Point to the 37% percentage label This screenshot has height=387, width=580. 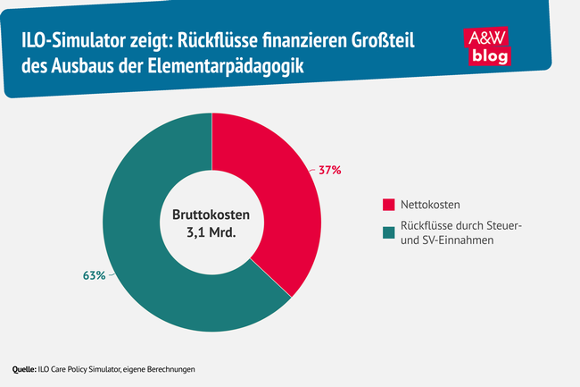pos(329,170)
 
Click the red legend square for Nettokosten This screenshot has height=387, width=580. pos(388,203)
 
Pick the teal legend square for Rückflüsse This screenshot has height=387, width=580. pos(388,233)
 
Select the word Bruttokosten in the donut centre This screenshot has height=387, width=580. pos(212,215)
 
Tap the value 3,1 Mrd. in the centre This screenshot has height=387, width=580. pos(212,234)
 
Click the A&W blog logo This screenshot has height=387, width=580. pos(489,46)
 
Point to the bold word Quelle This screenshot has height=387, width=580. pos(22,369)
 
